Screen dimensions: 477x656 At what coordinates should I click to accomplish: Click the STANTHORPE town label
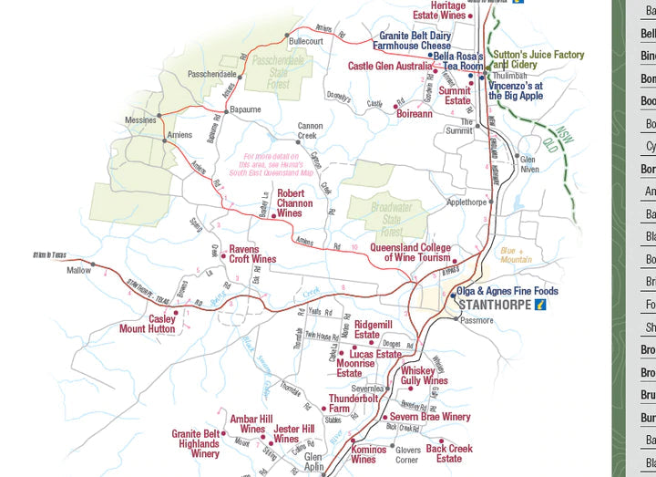coord(495,305)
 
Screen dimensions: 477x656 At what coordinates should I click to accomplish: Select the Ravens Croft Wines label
coord(252,254)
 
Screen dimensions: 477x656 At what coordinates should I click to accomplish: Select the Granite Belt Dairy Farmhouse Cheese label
coord(415,40)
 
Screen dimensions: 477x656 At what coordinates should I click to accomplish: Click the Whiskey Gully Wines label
coord(424,376)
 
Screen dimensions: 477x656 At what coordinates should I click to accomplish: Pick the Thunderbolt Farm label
coord(353,403)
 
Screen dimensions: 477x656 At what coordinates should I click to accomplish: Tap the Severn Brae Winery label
coord(430,417)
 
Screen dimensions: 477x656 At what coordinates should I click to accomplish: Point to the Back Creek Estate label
coord(449,453)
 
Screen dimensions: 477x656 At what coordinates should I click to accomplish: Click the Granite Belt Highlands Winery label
coord(195,443)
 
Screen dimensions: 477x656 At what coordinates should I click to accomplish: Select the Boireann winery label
coord(414,114)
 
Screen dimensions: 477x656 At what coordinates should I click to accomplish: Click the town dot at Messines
coord(159,115)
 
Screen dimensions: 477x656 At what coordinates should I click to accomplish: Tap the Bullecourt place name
coord(305,41)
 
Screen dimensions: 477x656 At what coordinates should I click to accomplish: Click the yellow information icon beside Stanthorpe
coord(539,305)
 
